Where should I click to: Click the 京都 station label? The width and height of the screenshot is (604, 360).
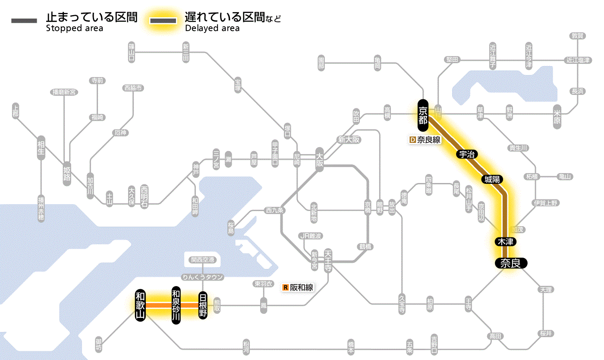(422, 115)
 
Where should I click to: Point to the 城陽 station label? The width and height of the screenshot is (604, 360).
(492, 179)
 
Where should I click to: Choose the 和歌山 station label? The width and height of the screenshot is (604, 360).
(140, 305)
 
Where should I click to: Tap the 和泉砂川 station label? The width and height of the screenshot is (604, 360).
(176, 305)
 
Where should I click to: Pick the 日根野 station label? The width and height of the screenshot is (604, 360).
(203, 305)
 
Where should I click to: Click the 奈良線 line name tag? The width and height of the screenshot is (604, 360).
(428, 140)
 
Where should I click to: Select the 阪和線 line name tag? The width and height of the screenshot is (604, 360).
(302, 287)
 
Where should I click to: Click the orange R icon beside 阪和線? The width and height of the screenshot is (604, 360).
(285, 287)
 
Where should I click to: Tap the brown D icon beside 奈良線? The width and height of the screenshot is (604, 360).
(412, 140)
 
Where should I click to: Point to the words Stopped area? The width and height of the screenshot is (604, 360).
(74, 28)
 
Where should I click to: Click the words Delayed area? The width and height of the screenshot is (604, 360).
(212, 28)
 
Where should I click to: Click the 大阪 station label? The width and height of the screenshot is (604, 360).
(319, 160)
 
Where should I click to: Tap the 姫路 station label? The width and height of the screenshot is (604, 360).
(67, 174)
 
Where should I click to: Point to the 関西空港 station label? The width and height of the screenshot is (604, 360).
(203, 260)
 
